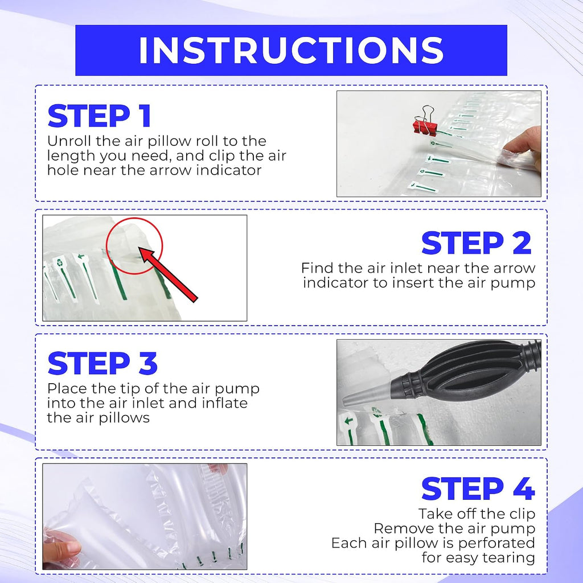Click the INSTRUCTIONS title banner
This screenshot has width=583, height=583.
(x=291, y=50)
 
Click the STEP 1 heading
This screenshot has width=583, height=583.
(x=100, y=116)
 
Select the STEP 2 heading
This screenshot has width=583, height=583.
(x=477, y=243)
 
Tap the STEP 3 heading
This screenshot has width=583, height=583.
(x=102, y=363)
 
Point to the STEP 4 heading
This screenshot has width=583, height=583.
(x=478, y=488)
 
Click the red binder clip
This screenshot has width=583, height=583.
(x=425, y=122)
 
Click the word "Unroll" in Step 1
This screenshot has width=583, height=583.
(x=69, y=141)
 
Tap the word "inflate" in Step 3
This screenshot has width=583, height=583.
(x=225, y=403)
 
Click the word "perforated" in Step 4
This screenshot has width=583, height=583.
(x=496, y=543)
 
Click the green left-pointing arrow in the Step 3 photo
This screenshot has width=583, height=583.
(x=348, y=421)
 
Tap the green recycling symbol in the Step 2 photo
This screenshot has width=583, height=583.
(x=60, y=262)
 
